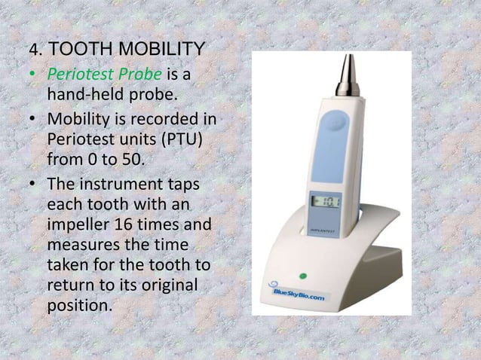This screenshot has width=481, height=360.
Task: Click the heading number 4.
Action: click(x=32, y=50)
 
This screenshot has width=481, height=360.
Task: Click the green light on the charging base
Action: click(x=302, y=276)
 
